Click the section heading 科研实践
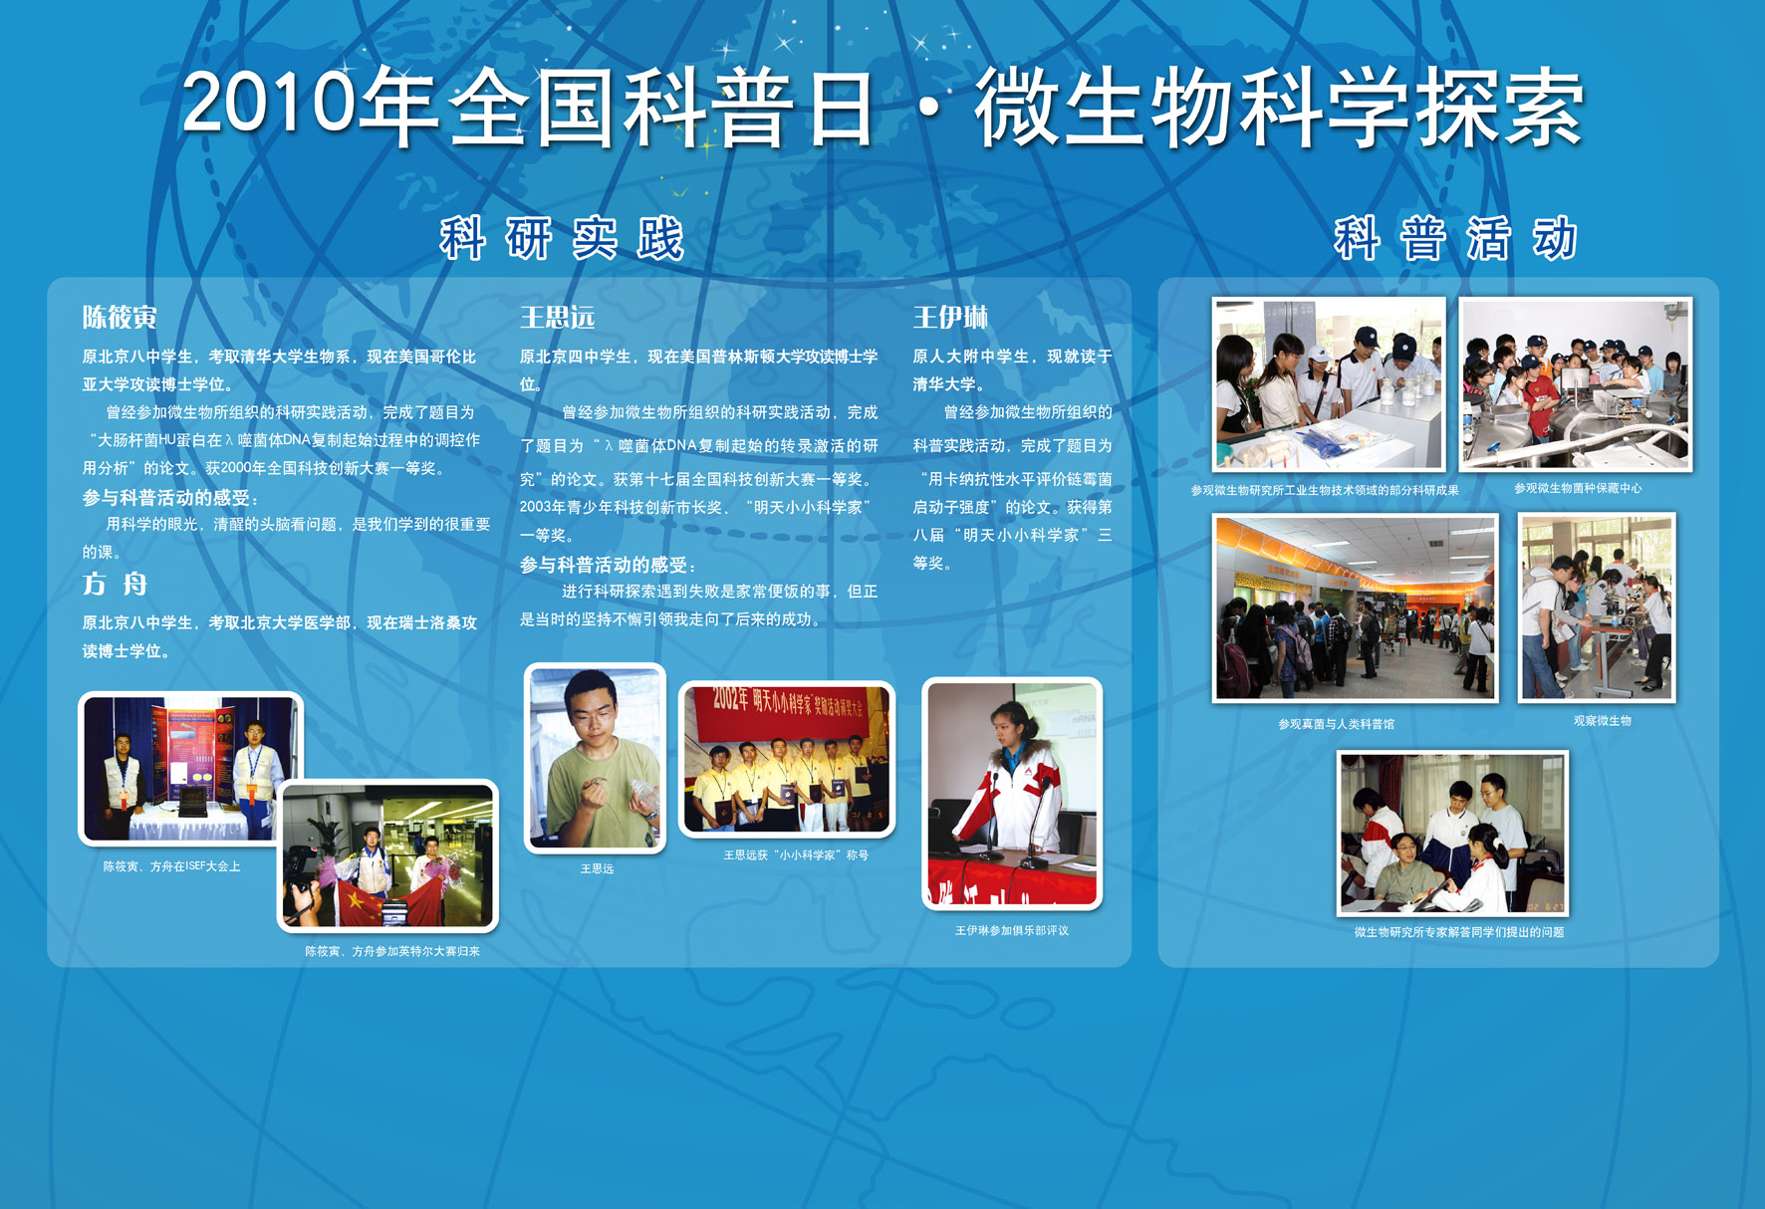(562, 239)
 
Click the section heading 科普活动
(1455, 239)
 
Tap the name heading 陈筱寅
(120, 317)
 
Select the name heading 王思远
(557, 317)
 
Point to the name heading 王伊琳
(950, 317)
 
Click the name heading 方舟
(115, 584)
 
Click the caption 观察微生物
(1602, 720)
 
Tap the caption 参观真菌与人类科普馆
(1336, 724)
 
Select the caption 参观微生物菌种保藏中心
(1578, 488)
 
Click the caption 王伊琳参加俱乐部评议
(1011, 930)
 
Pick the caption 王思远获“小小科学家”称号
(795, 854)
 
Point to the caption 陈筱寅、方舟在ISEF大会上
(171, 866)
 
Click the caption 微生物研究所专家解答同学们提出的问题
(1458, 932)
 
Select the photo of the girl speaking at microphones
(1012, 794)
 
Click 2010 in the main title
(269, 103)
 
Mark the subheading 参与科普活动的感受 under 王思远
(608, 565)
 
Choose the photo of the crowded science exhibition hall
(1355, 607)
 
